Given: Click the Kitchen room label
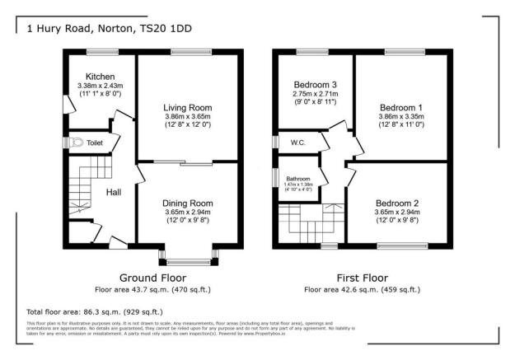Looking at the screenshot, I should coord(89,76).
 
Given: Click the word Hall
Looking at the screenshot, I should coord(114,192).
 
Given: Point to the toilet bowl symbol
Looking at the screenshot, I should coord(77,143).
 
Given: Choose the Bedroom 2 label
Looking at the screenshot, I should coord(398,203).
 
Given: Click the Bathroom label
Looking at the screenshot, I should coord(298,178).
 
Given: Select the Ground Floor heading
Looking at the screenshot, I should coord(153,277).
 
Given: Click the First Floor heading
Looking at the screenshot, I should coord(363,277).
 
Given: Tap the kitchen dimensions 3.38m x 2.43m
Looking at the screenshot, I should coord(89,85).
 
